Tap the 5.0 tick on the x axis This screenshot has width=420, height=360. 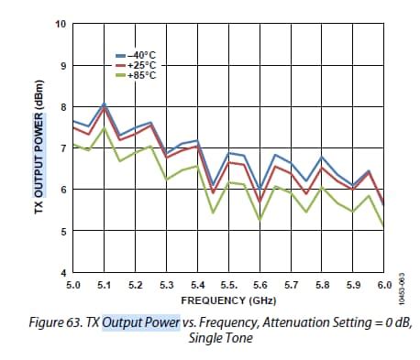coord(74,286)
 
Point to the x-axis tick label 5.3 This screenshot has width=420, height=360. coord(167,286)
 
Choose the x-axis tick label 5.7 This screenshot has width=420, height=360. coord(291,286)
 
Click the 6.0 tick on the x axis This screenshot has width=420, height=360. coord(383,286)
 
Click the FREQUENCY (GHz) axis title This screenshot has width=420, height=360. coord(228,300)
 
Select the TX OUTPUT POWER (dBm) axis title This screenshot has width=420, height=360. coord(28,148)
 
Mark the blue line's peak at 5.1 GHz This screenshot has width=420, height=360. coord(105,104)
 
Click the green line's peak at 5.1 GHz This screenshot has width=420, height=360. coord(105,128)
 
